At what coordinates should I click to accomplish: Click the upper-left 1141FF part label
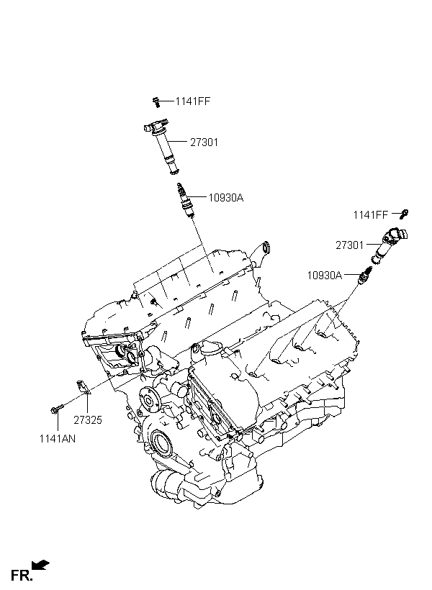tap(193, 101)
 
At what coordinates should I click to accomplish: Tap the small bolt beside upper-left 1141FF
tap(156, 101)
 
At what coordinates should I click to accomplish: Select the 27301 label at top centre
tap(204, 142)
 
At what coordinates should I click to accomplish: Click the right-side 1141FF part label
tap(370, 214)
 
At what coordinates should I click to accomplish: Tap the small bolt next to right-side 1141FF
tap(405, 213)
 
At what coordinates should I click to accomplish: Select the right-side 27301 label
tap(350, 245)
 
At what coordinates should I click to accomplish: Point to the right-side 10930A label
tap(324, 275)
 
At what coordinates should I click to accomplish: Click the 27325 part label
tap(88, 419)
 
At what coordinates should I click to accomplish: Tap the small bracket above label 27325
tap(83, 386)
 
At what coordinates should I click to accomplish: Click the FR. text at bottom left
tap(20, 575)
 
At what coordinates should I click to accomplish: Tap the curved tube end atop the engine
tap(266, 249)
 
